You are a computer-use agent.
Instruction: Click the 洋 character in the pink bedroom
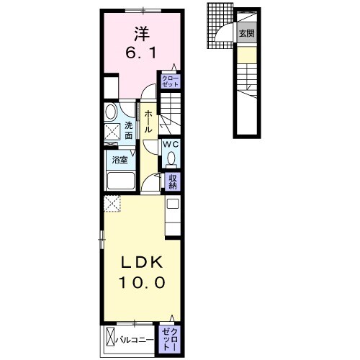tap(140, 33)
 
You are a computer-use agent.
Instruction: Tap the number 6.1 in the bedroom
tap(140, 53)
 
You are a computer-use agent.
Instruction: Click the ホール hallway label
tap(148, 122)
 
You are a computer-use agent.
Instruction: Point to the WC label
tap(171, 144)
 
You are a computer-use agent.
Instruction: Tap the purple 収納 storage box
tap(173, 182)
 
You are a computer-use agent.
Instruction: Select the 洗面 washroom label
tap(128, 130)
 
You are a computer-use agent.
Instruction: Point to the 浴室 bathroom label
tap(120, 160)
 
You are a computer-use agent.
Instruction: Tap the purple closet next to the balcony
tap(171, 336)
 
